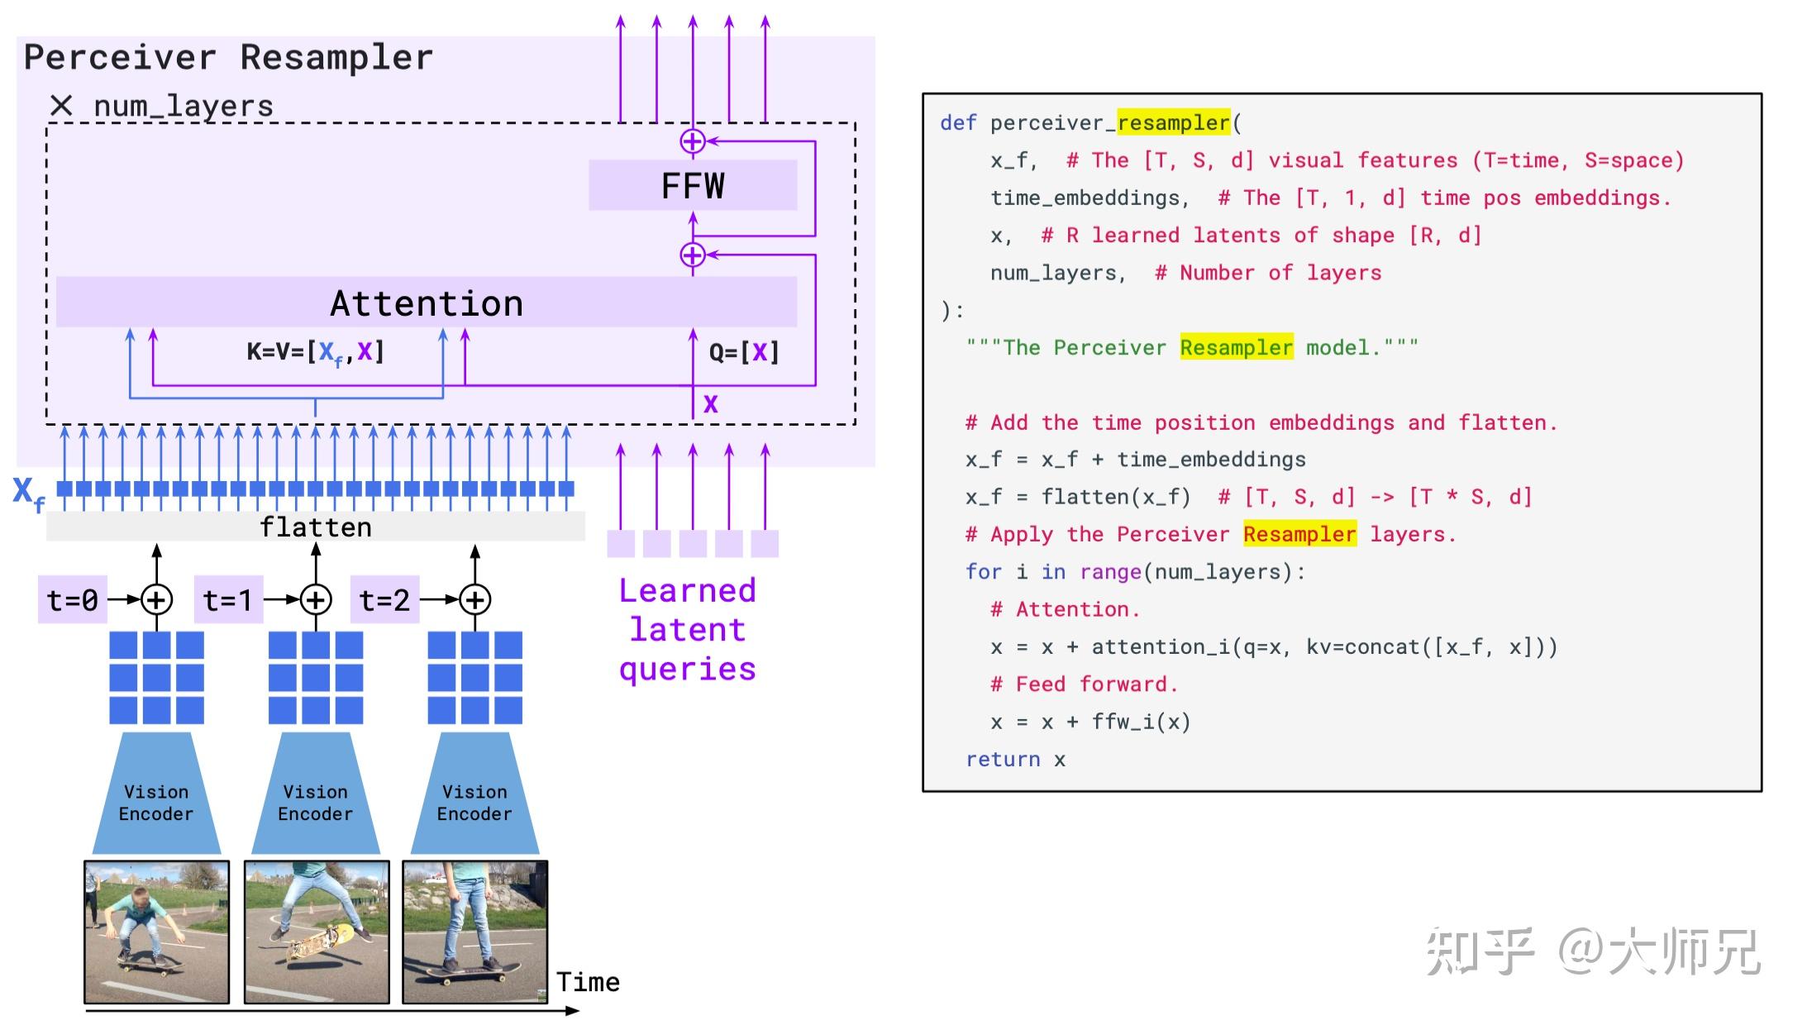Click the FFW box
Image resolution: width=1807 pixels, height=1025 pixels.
[x=693, y=186]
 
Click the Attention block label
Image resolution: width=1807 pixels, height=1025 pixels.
[x=427, y=303]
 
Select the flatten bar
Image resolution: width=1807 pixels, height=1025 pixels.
[x=316, y=527]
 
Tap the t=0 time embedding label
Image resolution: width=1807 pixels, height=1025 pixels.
[x=72, y=600]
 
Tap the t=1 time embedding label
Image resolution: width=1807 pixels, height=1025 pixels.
[x=228, y=600]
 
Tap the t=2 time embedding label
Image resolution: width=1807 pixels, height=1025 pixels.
[x=385, y=600]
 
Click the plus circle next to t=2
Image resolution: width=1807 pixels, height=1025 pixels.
[x=474, y=600]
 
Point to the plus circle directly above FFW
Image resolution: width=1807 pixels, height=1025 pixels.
[x=693, y=141]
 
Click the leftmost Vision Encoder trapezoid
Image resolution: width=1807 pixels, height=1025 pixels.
[x=156, y=798]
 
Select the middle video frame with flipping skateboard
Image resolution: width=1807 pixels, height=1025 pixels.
[x=317, y=932]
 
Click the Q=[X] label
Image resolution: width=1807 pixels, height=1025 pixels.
[x=744, y=353]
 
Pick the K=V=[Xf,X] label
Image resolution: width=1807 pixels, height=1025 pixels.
[x=316, y=353]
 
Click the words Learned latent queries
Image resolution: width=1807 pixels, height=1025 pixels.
[x=688, y=630]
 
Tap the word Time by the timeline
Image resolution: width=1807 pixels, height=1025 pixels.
[x=588, y=982]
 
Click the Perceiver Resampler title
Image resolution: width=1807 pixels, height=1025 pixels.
[x=228, y=58]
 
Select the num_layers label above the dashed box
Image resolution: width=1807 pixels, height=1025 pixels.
[x=183, y=107]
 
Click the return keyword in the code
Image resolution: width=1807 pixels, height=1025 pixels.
[x=1003, y=759]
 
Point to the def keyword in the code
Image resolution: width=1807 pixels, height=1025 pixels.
[x=958, y=123]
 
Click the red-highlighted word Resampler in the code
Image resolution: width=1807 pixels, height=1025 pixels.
[x=1299, y=534]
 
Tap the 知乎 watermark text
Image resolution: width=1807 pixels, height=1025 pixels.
[x=1480, y=952]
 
